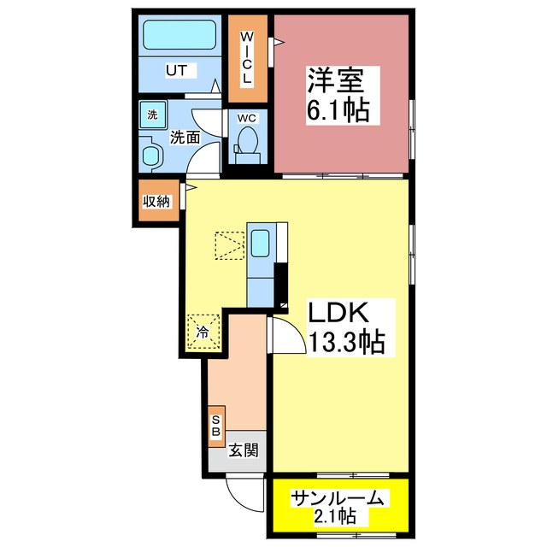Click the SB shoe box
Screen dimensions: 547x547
tap(216, 426)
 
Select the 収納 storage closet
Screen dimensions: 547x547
tap(156, 202)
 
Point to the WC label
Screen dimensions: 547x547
tap(247, 118)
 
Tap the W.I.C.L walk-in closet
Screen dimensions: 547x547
tap(246, 57)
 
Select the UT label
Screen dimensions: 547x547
tap(176, 70)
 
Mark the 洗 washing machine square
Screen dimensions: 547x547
tap(153, 115)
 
